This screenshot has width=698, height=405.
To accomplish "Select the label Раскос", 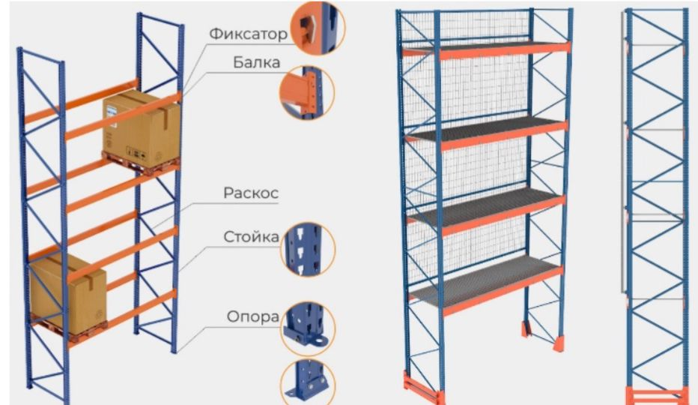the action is point(251,193).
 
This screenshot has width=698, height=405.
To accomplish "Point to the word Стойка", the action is point(252,238).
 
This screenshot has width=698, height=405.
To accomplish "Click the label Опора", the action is point(253,316).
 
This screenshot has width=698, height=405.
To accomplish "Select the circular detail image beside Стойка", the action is point(308,248).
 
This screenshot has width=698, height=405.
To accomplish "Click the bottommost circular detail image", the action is point(308,382).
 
